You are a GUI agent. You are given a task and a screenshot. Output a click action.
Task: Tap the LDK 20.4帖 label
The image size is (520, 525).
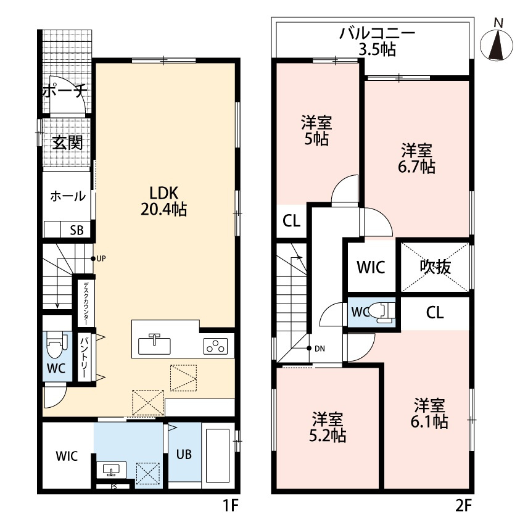tap(163, 201)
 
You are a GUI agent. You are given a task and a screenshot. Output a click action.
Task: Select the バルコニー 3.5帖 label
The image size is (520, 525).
tap(378, 41)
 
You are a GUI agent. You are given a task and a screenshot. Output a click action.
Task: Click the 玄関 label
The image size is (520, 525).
tap(67, 143)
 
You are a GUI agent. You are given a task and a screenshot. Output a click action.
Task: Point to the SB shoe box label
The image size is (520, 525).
tap(76, 230)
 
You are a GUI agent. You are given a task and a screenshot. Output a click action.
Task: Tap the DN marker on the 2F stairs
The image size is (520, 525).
tap(316, 349)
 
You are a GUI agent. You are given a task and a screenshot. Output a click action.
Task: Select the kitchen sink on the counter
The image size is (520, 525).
tap(154, 344)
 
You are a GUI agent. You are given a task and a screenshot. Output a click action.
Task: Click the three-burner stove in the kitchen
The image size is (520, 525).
tap(215, 346)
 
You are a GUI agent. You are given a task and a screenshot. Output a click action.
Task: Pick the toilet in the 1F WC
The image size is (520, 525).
tap(56, 345)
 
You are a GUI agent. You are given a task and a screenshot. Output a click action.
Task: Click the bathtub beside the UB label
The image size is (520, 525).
tap(218, 455)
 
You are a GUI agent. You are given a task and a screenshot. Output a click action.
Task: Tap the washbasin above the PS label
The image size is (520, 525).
tap(111, 470)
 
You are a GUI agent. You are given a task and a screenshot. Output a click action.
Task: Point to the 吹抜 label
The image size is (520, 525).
tap(435, 267)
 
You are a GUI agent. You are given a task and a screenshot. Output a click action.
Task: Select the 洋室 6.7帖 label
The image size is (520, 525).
tap(416, 159)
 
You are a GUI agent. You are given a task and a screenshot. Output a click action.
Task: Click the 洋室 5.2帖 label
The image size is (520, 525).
tap(328, 427)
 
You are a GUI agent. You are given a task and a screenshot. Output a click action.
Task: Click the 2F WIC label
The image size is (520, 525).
tap(371, 267)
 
